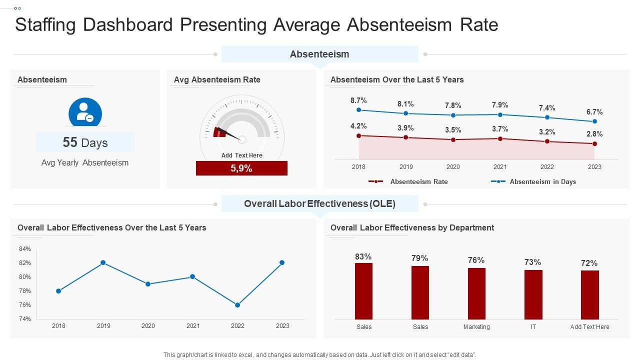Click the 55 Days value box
tap(85, 142)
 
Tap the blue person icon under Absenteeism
tap(85, 112)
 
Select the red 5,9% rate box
tap(241, 168)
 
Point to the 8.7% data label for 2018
tap(358, 100)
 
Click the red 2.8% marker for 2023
tap(594, 144)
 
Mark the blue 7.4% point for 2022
tap(547, 117)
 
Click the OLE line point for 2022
tap(237, 305)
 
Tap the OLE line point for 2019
tap(103, 262)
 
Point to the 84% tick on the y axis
tap(25, 249)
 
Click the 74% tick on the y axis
tap(25, 319)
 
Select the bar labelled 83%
tap(363, 291)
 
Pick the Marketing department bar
tap(476, 293)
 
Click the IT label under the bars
tap(533, 327)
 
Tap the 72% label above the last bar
tap(589, 263)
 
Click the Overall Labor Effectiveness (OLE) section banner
tap(319, 203)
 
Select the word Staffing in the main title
tap(44, 24)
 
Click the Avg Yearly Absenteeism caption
tap(85, 162)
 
